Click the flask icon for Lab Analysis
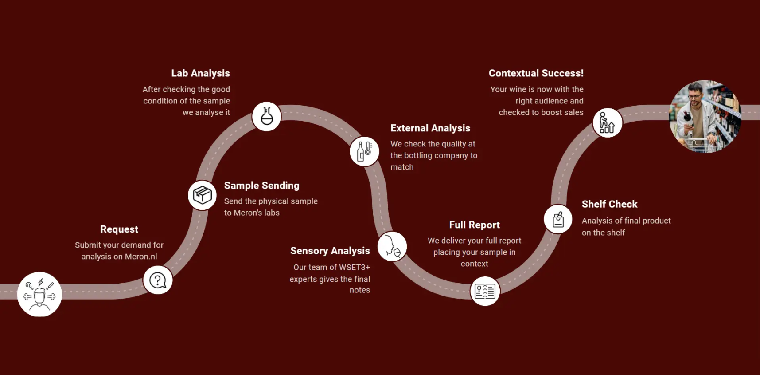[266, 116]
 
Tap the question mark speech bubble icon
[158, 280]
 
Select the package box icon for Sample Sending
[202, 195]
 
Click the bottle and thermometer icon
[364, 151]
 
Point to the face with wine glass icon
[392, 246]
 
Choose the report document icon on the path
[485, 291]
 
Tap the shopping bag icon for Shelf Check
[558, 219]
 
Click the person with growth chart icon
[608, 123]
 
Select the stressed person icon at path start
[39, 294]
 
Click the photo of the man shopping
[705, 116]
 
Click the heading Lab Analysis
[201, 73]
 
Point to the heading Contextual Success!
[536, 73]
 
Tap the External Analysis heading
[430, 128]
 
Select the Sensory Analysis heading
[330, 251]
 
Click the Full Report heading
[475, 225]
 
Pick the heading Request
[119, 229]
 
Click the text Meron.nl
[141, 257]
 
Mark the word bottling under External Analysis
[426, 156]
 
